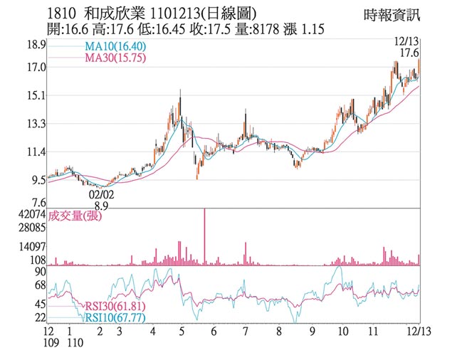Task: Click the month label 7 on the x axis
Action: point(245,332)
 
